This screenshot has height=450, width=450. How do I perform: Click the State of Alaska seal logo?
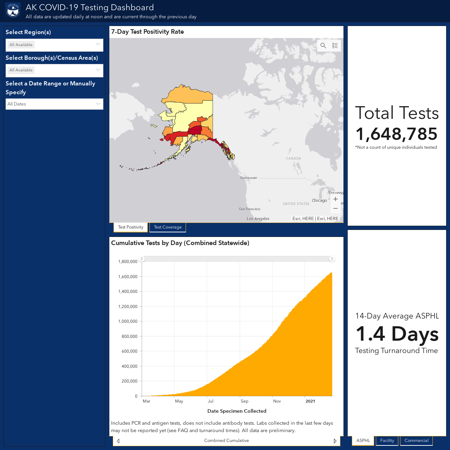click(x=13, y=11)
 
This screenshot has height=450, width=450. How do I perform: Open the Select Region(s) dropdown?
click(x=54, y=45)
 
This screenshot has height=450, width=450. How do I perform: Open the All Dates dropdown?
click(x=54, y=104)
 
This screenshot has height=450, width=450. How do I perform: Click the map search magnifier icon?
click(x=323, y=46)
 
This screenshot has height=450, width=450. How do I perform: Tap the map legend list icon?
click(x=335, y=46)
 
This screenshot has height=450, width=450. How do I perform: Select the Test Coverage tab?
click(x=168, y=227)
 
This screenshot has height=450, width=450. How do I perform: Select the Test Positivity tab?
click(x=130, y=227)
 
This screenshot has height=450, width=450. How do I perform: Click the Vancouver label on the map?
click(x=249, y=178)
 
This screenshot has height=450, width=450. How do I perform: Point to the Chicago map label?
click(x=320, y=200)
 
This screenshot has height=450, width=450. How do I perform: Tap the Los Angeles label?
click(x=258, y=219)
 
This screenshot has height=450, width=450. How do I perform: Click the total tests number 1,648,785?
click(x=396, y=134)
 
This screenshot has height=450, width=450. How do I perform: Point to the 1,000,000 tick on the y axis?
click(x=128, y=321)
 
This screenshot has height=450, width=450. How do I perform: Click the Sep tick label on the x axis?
click(x=244, y=401)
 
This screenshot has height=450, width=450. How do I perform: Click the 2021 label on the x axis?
click(x=310, y=401)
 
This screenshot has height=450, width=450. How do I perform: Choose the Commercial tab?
click(x=416, y=441)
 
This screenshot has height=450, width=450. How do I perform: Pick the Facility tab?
click(x=387, y=441)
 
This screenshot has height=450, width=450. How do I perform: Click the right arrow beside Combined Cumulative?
click(x=335, y=441)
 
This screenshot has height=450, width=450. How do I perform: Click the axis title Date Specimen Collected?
click(x=237, y=411)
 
